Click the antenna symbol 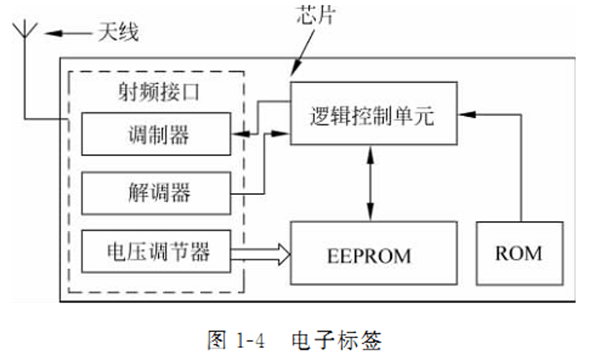tap(25, 33)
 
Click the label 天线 tap(118, 33)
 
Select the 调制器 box tap(156, 134)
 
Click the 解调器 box tap(156, 193)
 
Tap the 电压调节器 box tap(156, 252)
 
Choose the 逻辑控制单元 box tap(373, 113)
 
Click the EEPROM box tap(373, 253)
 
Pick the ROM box tap(519, 253)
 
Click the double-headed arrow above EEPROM tap(371, 182)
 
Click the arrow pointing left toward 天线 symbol tap(68, 33)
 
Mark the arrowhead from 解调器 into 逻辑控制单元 tap(282, 133)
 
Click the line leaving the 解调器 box tap(248, 193)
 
